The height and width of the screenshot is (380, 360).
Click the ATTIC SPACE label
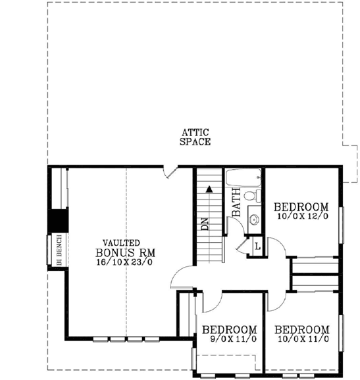(x=195, y=137)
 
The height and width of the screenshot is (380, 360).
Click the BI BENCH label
(x=58, y=250)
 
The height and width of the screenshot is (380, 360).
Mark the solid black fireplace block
(x=59, y=219)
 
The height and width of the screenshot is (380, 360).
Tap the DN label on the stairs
(x=204, y=224)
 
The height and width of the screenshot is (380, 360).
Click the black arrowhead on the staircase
(x=210, y=189)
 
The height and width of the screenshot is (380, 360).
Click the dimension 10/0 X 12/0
(x=301, y=215)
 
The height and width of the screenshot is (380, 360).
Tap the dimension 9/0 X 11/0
(x=228, y=339)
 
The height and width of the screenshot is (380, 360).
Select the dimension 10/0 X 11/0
(x=301, y=339)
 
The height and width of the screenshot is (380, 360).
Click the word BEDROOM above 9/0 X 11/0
(x=228, y=329)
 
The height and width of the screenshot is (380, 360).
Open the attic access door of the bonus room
(x=170, y=172)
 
